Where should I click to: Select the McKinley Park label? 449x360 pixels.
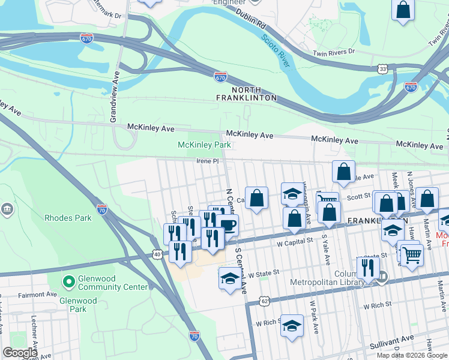point(204,145)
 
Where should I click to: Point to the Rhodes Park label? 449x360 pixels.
point(68,218)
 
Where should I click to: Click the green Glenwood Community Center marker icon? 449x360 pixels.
point(69,280)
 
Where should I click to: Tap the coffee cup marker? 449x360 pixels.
point(228,225)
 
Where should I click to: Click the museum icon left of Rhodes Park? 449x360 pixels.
point(7,209)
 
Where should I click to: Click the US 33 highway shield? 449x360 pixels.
point(383,70)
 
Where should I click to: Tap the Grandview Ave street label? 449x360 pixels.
point(113,97)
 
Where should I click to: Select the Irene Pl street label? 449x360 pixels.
point(206,161)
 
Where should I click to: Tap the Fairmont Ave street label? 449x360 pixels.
point(37,295)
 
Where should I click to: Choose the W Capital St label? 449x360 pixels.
point(295,241)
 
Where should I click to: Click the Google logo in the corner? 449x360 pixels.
point(20,353)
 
